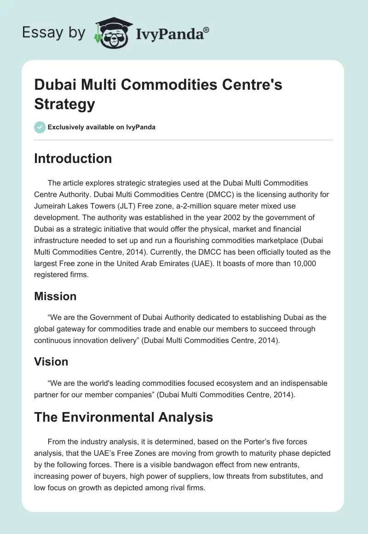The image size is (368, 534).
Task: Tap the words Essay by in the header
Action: (53, 33)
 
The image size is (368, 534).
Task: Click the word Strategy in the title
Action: (64, 104)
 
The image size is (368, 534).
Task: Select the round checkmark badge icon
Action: (40, 127)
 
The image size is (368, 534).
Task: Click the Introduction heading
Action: (73, 158)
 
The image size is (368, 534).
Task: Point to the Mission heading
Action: (55, 296)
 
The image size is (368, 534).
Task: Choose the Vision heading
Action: (51, 362)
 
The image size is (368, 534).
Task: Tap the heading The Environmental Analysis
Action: (123, 418)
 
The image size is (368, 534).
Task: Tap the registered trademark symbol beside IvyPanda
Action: (207, 30)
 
